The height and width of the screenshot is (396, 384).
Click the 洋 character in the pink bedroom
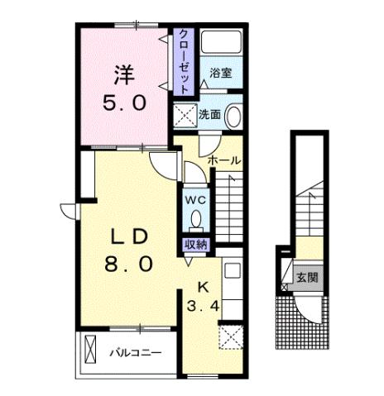pyautogui.click(x=124, y=73)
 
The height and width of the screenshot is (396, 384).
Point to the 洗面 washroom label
pyautogui.click(x=209, y=115)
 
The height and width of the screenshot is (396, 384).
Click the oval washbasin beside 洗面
pyautogui.click(x=233, y=116)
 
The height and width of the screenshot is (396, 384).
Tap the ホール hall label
pyautogui.click(x=224, y=160)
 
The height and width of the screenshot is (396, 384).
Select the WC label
pyautogui.click(x=195, y=200)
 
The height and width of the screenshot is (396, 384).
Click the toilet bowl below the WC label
pyautogui.click(x=196, y=220)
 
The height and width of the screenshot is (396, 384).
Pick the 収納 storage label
pyautogui.click(x=195, y=244)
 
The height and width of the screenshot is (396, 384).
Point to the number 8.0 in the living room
pyautogui.click(x=130, y=265)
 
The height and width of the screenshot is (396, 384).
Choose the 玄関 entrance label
pyautogui.click(x=307, y=277)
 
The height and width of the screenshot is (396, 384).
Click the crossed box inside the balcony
pyautogui.click(x=92, y=351)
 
